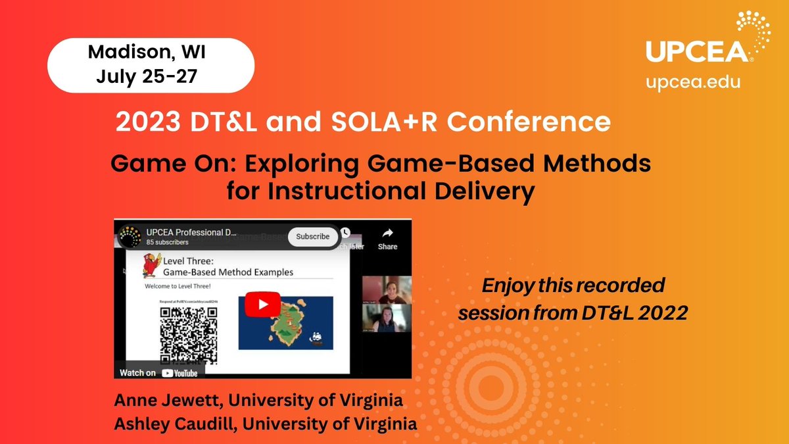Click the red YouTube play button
point(262,305)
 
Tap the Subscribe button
point(313,237)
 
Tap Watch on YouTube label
point(158,372)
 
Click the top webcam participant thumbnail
point(387,290)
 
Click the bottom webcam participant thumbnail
point(387,320)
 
